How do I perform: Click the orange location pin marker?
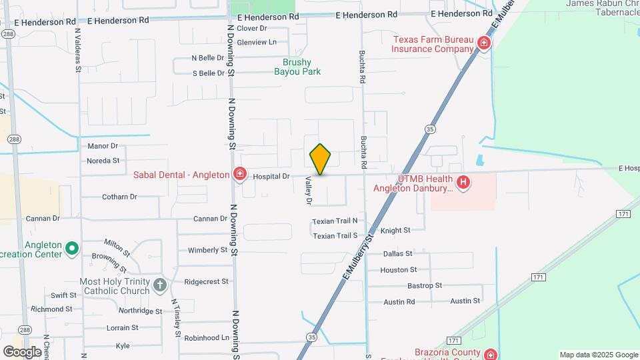(x=320, y=159)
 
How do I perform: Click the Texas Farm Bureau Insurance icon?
(x=484, y=45)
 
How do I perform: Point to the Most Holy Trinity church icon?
(x=159, y=285)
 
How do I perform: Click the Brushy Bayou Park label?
(x=297, y=67)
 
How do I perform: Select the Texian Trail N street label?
(x=335, y=221)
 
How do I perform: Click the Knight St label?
(x=396, y=230)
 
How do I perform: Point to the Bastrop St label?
(x=425, y=285)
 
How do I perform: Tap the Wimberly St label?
(x=208, y=250)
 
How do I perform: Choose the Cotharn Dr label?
(x=119, y=197)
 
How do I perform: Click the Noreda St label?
(x=103, y=161)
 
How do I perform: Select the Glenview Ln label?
(x=256, y=42)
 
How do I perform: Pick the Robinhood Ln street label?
(x=207, y=338)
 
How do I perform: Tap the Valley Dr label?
(x=309, y=190)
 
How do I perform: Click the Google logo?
(x=21, y=351)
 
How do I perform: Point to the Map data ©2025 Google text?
(x=599, y=355)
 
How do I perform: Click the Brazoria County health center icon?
(x=491, y=354)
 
